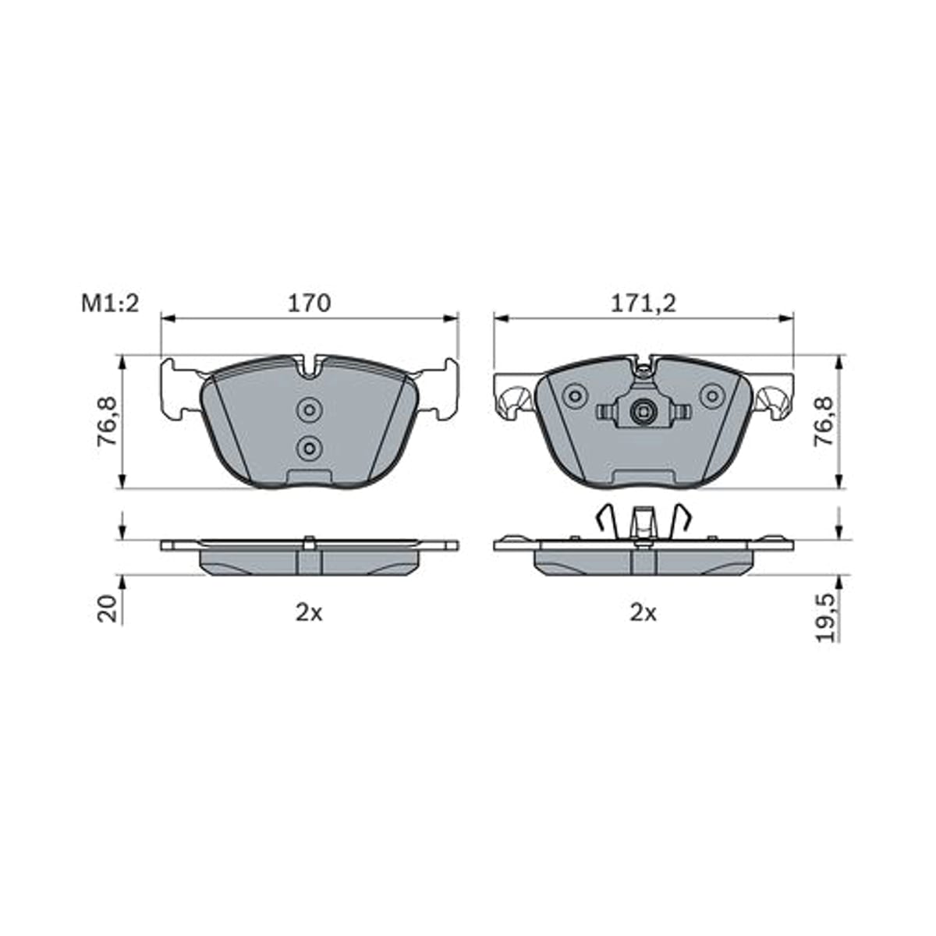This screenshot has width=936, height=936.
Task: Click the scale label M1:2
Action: (x=110, y=304)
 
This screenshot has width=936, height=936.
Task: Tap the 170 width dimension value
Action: (x=310, y=303)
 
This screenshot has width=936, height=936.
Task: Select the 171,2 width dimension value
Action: (x=643, y=304)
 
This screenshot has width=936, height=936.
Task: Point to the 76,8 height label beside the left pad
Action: (x=107, y=420)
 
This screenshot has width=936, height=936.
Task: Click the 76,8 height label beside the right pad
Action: (x=824, y=420)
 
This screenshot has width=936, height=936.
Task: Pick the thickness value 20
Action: (x=108, y=608)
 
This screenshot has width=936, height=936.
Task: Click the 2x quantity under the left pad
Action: (x=309, y=614)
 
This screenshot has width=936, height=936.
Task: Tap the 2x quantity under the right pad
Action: (x=643, y=614)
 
